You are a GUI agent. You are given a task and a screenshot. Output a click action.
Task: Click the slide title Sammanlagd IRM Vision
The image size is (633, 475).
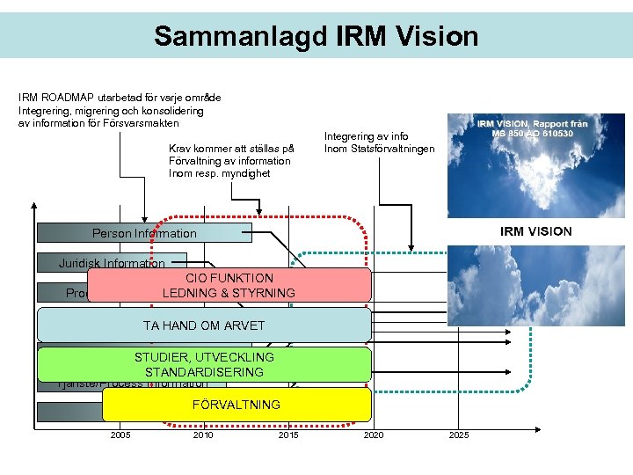(316, 36)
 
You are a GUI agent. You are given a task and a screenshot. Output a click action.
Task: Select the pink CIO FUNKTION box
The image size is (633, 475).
(229, 285)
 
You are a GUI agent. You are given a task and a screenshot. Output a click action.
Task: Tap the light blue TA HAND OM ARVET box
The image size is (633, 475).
(204, 325)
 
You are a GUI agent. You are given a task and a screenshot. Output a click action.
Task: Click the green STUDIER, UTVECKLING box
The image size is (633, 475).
(204, 364)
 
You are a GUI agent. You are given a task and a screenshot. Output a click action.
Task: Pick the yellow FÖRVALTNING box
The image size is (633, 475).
(236, 405)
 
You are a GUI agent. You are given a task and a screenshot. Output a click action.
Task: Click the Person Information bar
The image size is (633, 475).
(144, 233)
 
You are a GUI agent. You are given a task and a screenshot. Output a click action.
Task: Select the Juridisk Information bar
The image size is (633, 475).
(112, 263)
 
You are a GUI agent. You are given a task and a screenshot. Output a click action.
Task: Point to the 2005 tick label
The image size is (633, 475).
(120, 435)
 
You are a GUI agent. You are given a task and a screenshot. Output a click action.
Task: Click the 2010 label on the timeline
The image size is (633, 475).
(203, 435)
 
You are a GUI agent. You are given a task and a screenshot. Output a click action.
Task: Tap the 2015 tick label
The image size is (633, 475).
(287, 435)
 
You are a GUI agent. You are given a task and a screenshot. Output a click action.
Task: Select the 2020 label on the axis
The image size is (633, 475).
(374, 435)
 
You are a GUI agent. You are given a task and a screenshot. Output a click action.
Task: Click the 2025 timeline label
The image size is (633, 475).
(459, 435)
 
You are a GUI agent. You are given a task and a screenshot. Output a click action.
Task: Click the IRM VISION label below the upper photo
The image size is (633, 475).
(535, 231)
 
